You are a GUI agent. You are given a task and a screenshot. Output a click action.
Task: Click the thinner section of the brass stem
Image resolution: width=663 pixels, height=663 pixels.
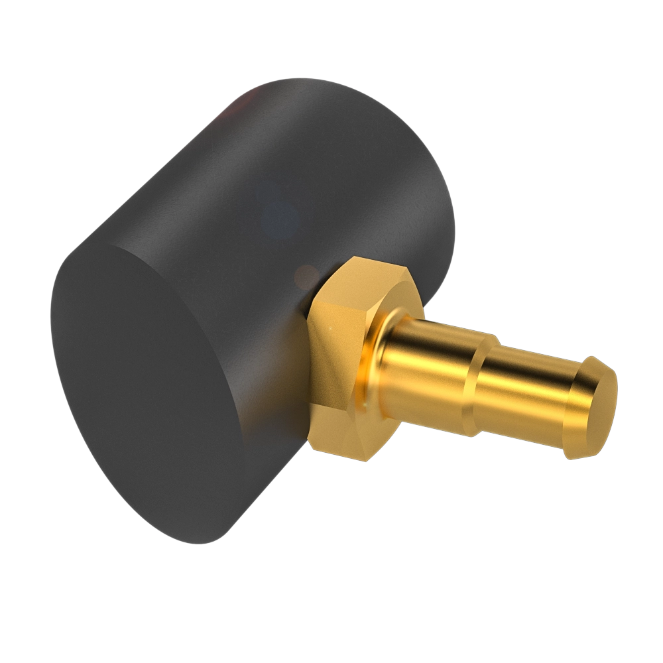(524, 398)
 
